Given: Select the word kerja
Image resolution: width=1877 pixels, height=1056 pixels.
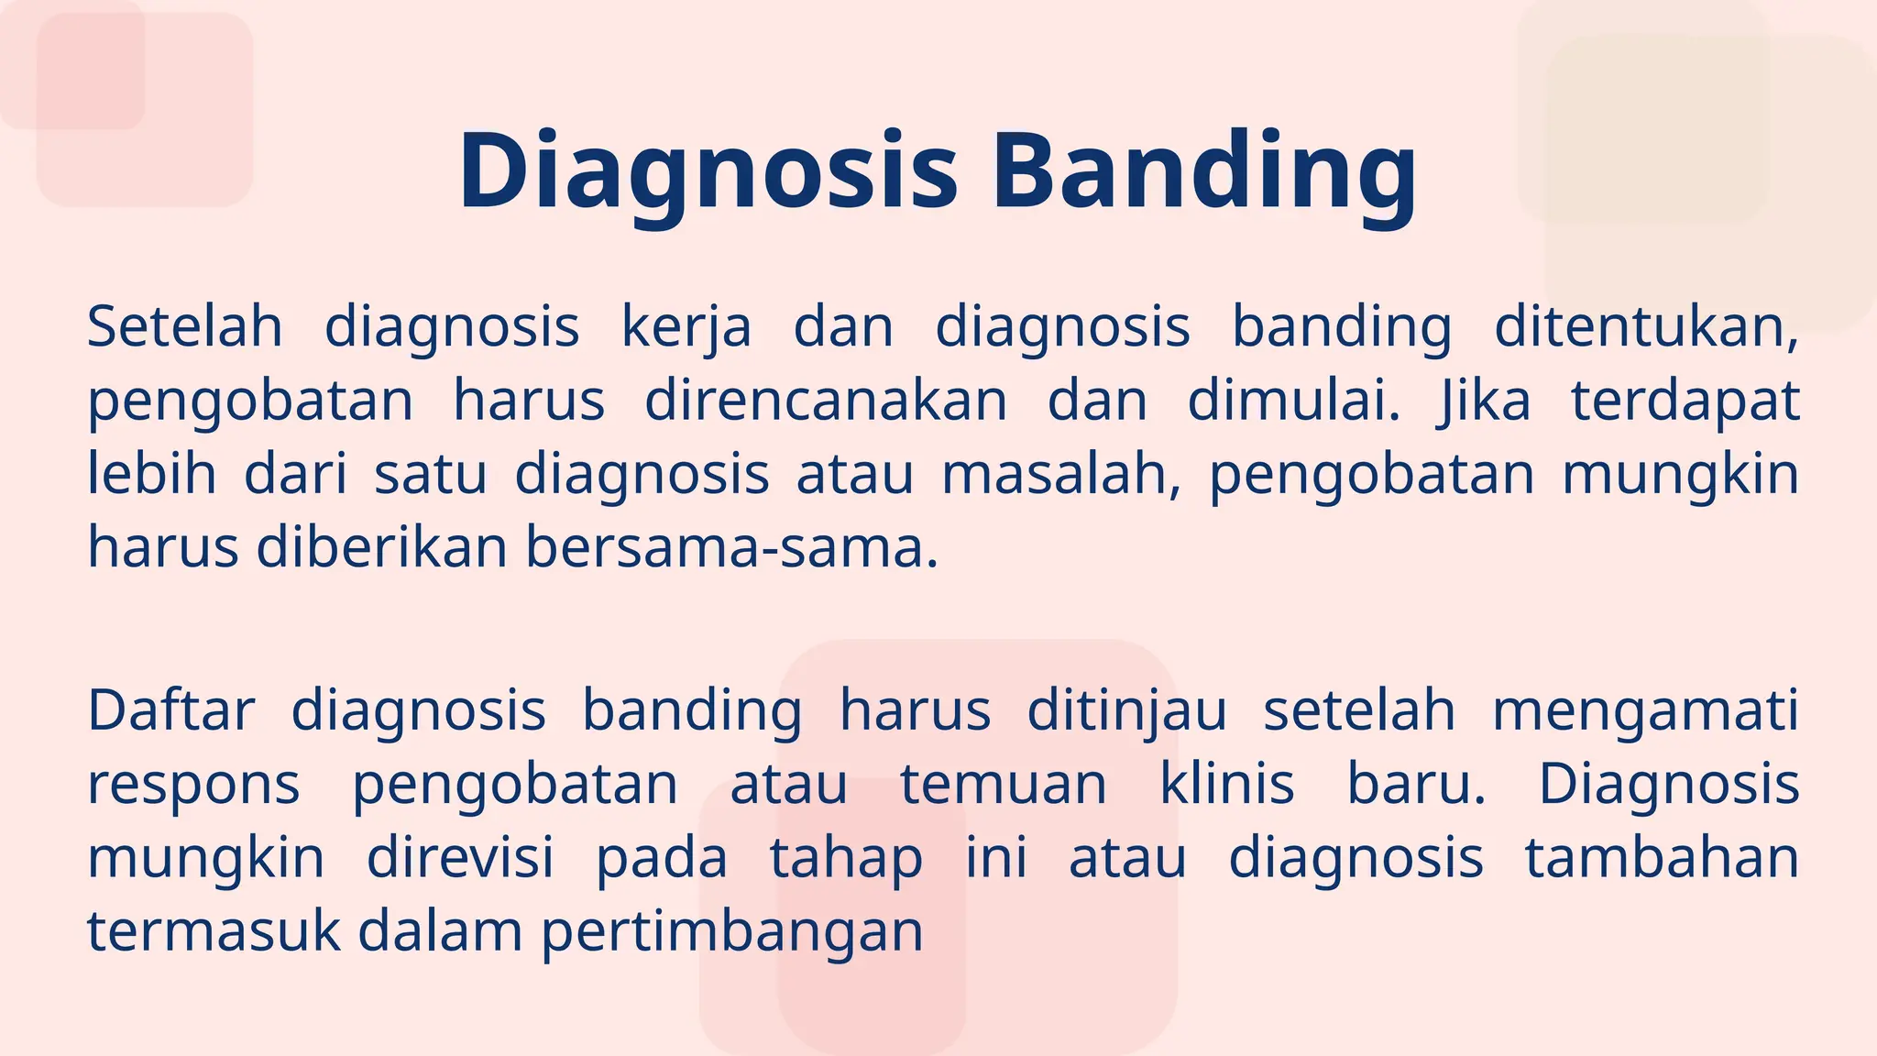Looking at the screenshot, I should [x=686, y=327].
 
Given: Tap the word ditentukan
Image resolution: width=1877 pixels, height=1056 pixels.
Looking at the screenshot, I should [x=1646, y=327].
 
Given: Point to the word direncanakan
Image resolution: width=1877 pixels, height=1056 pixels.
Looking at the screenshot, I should [x=825, y=401].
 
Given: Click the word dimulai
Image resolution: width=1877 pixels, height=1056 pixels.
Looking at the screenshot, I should [x=1293, y=401].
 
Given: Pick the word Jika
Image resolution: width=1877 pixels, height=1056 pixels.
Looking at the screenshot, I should [x=1485, y=401].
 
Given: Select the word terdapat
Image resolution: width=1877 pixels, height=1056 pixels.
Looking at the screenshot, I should [x=1685, y=401].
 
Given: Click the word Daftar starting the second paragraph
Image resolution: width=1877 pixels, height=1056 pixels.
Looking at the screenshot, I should [x=170, y=710].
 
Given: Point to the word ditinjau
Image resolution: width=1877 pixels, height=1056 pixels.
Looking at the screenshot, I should [x=1125, y=710].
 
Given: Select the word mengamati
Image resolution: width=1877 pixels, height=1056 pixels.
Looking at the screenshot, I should [x=1645, y=710].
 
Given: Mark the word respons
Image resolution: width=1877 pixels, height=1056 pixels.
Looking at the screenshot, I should [x=193, y=786].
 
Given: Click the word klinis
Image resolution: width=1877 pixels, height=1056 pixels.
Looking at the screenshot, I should [x=1226, y=786].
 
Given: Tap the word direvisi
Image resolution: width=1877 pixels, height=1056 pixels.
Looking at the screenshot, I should [x=460, y=859].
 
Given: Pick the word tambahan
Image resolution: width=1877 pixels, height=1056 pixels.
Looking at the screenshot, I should [x=1661, y=859].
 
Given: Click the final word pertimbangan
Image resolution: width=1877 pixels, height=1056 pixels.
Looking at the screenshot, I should [x=731, y=932].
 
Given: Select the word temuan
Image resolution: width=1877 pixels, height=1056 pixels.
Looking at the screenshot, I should [x=1004, y=786].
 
